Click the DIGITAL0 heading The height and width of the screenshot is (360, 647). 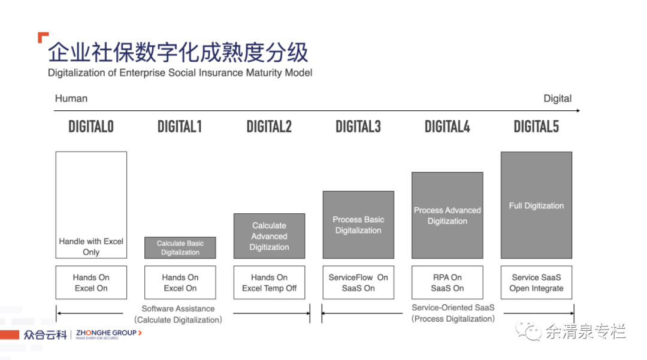pyautogui.click(x=91, y=126)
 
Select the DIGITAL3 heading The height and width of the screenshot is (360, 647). pyautogui.click(x=358, y=126)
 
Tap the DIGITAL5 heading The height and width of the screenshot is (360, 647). pyautogui.click(x=536, y=126)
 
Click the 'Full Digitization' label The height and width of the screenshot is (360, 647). pyautogui.click(x=536, y=206)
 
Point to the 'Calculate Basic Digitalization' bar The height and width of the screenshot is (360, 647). pyautogui.click(x=180, y=248)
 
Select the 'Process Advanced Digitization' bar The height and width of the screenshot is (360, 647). pyautogui.click(x=448, y=215)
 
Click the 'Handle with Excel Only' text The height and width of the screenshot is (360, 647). pyautogui.click(x=91, y=247)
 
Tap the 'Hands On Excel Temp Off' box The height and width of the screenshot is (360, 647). pyautogui.click(x=269, y=283)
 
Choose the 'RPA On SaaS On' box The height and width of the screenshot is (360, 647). pyautogui.click(x=448, y=283)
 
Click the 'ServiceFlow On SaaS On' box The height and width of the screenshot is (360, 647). pyautogui.click(x=358, y=283)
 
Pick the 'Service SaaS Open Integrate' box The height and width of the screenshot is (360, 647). pyautogui.click(x=536, y=283)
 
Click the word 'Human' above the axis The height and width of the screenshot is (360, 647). pyautogui.click(x=71, y=99)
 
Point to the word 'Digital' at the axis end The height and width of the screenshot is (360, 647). pyautogui.click(x=558, y=99)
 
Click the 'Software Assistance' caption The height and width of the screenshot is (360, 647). pyautogui.click(x=178, y=308)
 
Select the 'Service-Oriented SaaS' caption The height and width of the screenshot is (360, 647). pyautogui.click(x=453, y=308)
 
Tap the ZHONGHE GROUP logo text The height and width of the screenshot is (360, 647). pyautogui.click(x=107, y=333)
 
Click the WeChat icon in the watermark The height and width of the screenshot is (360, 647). pyautogui.click(x=528, y=330)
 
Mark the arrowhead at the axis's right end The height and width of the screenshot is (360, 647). pyautogui.click(x=578, y=110)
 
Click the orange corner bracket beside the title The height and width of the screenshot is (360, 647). pyautogui.click(x=43, y=37)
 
